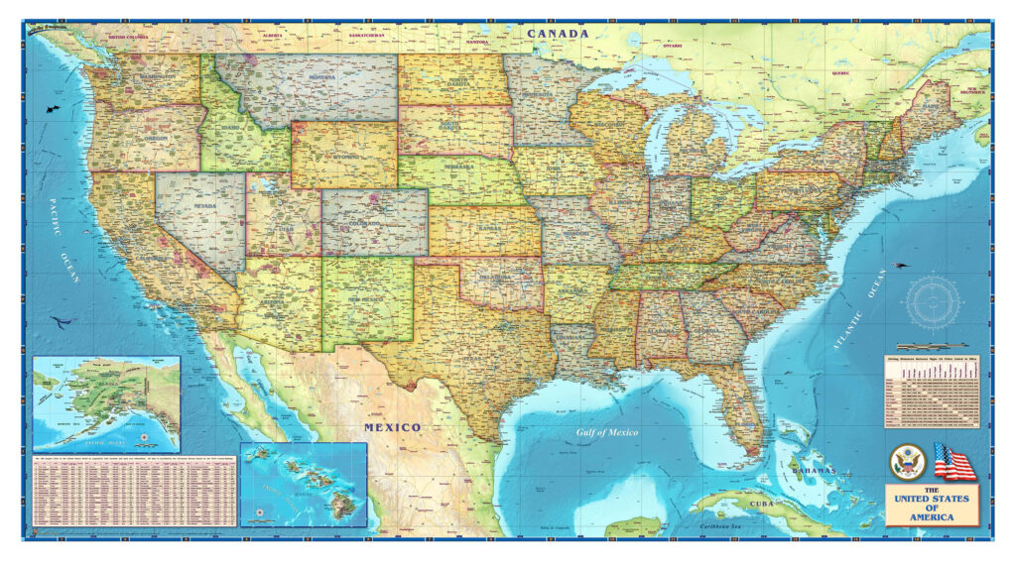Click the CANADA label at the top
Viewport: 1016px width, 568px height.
point(558,34)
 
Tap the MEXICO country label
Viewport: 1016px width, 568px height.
point(392,427)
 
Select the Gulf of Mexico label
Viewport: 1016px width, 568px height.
point(608,432)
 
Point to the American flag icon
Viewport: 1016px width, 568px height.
point(954,462)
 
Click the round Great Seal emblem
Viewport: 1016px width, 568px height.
point(908,462)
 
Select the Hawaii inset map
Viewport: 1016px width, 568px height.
point(303,484)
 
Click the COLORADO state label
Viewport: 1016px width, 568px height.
point(373,225)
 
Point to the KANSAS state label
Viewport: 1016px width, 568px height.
point(485,229)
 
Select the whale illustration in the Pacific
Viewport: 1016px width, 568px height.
point(63,321)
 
